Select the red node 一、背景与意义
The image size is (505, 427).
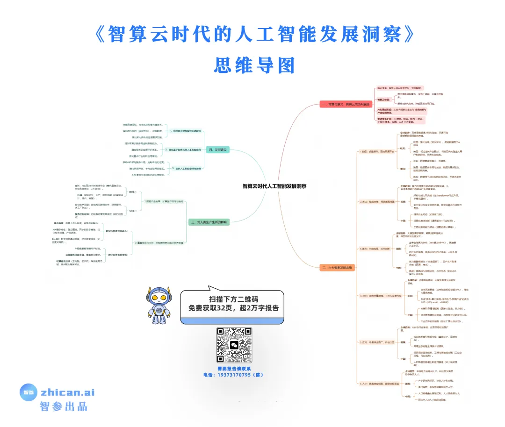[x=345, y=104]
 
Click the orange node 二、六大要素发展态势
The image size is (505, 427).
[x=338, y=268]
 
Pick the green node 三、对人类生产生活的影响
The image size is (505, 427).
[x=209, y=222]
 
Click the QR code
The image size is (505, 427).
[x=234, y=345]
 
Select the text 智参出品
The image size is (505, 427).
[x=64, y=406]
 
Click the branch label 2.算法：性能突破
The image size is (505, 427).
[x=375, y=202]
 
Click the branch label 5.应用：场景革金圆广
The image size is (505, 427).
[x=375, y=342]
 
